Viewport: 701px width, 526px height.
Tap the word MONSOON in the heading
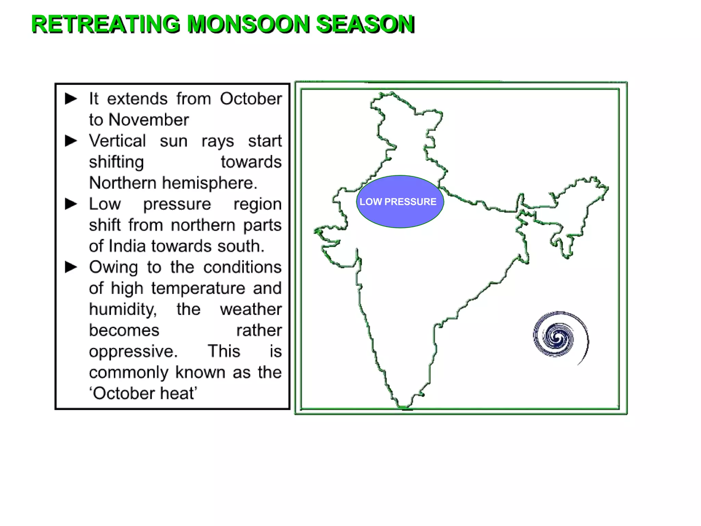248,24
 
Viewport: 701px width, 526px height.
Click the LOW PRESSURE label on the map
398,202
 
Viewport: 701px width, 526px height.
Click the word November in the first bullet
149,120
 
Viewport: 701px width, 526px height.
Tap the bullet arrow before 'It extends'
71,99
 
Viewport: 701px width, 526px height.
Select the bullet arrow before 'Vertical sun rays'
71,141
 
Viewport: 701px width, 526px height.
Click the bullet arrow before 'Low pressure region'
71,204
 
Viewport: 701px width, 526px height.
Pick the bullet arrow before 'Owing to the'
71,267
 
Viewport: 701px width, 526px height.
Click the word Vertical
117,141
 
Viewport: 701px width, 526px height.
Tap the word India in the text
127,246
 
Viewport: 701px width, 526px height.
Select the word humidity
123,309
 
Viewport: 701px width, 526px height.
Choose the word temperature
198,288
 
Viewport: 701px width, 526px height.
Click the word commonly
129,372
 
